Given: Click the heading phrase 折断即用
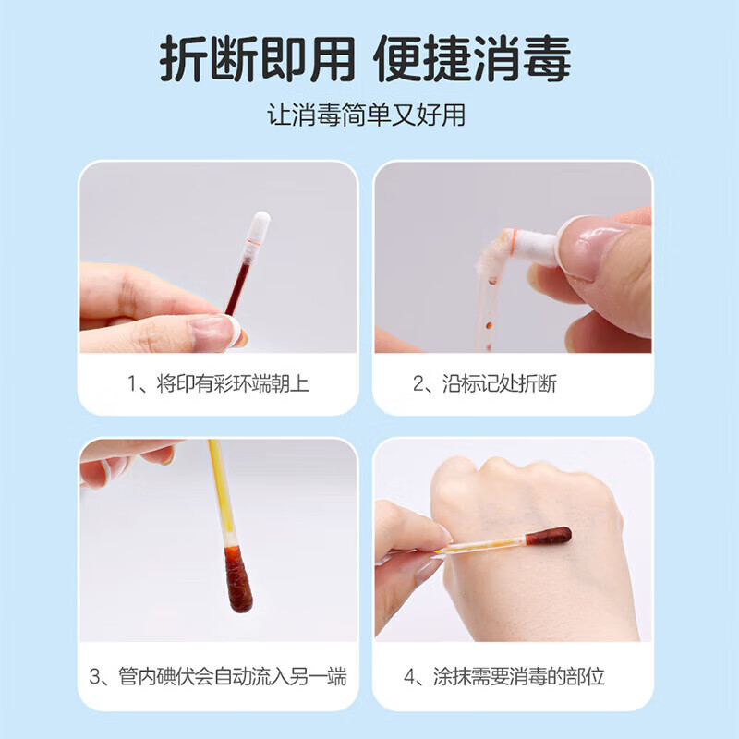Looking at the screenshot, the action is [x=258, y=58].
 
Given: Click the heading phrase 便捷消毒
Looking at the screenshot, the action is [x=473, y=58].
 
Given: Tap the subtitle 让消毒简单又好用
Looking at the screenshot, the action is [x=366, y=115].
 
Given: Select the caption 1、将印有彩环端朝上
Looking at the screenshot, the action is [x=218, y=383].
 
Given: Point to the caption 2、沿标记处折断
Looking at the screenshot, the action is [x=485, y=383].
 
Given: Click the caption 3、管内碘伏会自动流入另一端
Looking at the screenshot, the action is [x=218, y=677].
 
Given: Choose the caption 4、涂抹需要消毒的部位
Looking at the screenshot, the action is [x=504, y=677].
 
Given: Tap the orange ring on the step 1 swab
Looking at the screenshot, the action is [x=254, y=242].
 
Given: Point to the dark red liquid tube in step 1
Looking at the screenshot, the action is [x=237, y=288].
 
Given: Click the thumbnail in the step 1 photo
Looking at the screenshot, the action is [x=215, y=332].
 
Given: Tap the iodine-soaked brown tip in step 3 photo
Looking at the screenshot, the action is [x=238, y=579].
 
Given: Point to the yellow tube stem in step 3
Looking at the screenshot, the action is [x=221, y=493].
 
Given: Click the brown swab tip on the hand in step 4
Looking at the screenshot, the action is [x=548, y=537].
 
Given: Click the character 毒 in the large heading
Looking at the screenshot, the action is [x=547, y=58].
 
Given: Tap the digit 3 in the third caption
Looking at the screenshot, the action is [x=94, y=677].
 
